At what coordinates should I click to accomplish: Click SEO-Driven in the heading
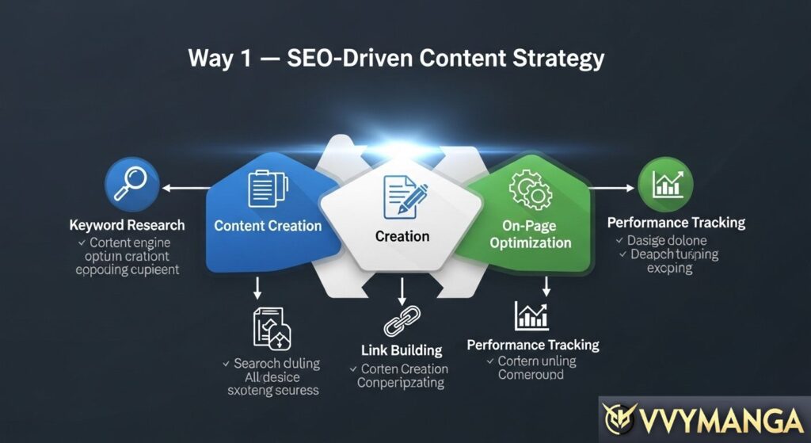[336, 59]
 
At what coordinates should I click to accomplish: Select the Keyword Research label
[127, 225]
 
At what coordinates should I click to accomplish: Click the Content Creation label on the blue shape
[268, 226]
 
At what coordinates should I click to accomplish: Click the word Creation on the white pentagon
[402, 236]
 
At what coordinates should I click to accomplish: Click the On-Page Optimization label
[530, 234]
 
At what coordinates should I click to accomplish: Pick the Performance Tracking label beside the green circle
[676, 223]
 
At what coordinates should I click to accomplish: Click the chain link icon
[402, 326]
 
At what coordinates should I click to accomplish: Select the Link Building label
[402, 350]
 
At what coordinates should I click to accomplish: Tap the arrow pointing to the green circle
[614, 189]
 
